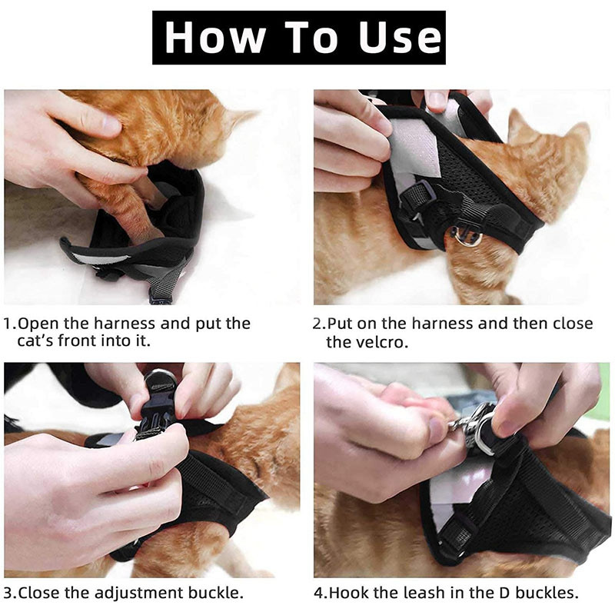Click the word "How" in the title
214,37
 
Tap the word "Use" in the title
400,38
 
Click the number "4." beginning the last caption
321,593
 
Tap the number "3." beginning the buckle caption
10,593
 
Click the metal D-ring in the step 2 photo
467,235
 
